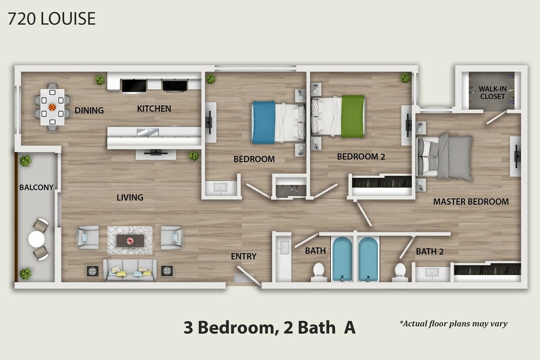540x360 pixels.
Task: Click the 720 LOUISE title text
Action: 51,19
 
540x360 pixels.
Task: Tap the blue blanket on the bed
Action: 263,122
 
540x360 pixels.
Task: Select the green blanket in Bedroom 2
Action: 353,116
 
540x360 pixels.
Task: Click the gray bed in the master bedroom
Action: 449,157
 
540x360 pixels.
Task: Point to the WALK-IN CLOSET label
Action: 492,92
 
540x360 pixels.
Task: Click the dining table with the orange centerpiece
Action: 52,107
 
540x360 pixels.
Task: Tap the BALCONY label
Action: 36,188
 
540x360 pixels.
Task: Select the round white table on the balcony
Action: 37,239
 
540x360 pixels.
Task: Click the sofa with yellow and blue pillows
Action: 130,270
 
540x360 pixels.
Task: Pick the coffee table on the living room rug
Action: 130,240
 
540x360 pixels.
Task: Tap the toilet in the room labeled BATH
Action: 319,270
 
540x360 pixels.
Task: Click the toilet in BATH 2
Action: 400,270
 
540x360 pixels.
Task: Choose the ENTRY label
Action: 243,256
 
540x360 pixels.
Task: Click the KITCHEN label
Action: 154,108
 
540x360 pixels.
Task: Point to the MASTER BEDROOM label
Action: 471,202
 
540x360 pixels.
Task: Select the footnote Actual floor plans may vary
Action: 453,323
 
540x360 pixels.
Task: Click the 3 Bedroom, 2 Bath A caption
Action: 270,328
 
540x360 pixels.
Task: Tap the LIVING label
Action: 130,197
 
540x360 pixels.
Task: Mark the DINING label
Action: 89,110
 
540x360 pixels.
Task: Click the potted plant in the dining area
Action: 100,80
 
